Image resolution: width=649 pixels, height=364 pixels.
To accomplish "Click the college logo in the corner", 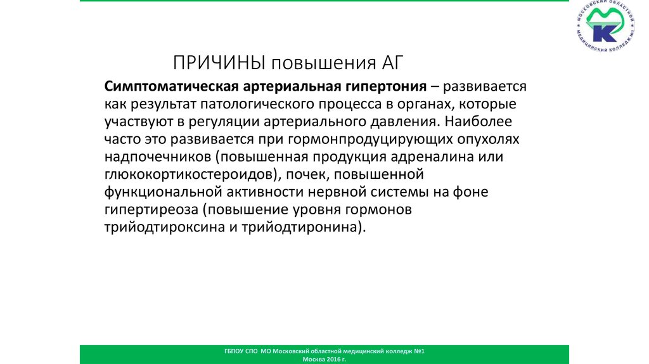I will pos(605,31).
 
